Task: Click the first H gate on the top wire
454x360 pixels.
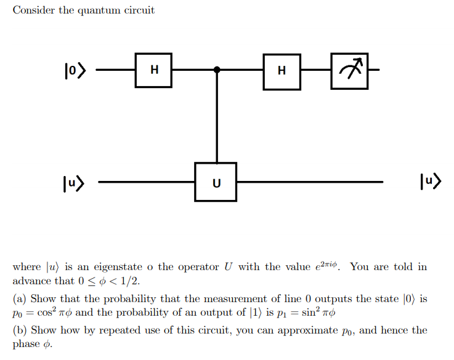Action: point(154,70)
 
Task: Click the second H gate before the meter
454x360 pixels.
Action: point(282,70)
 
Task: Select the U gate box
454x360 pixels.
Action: point(216,182)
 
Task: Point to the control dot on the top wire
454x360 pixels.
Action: point(216,70)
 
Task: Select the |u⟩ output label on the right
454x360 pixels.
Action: point(429,182)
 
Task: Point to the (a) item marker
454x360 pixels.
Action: point(20,299)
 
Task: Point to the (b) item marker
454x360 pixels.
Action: point(20,330)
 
